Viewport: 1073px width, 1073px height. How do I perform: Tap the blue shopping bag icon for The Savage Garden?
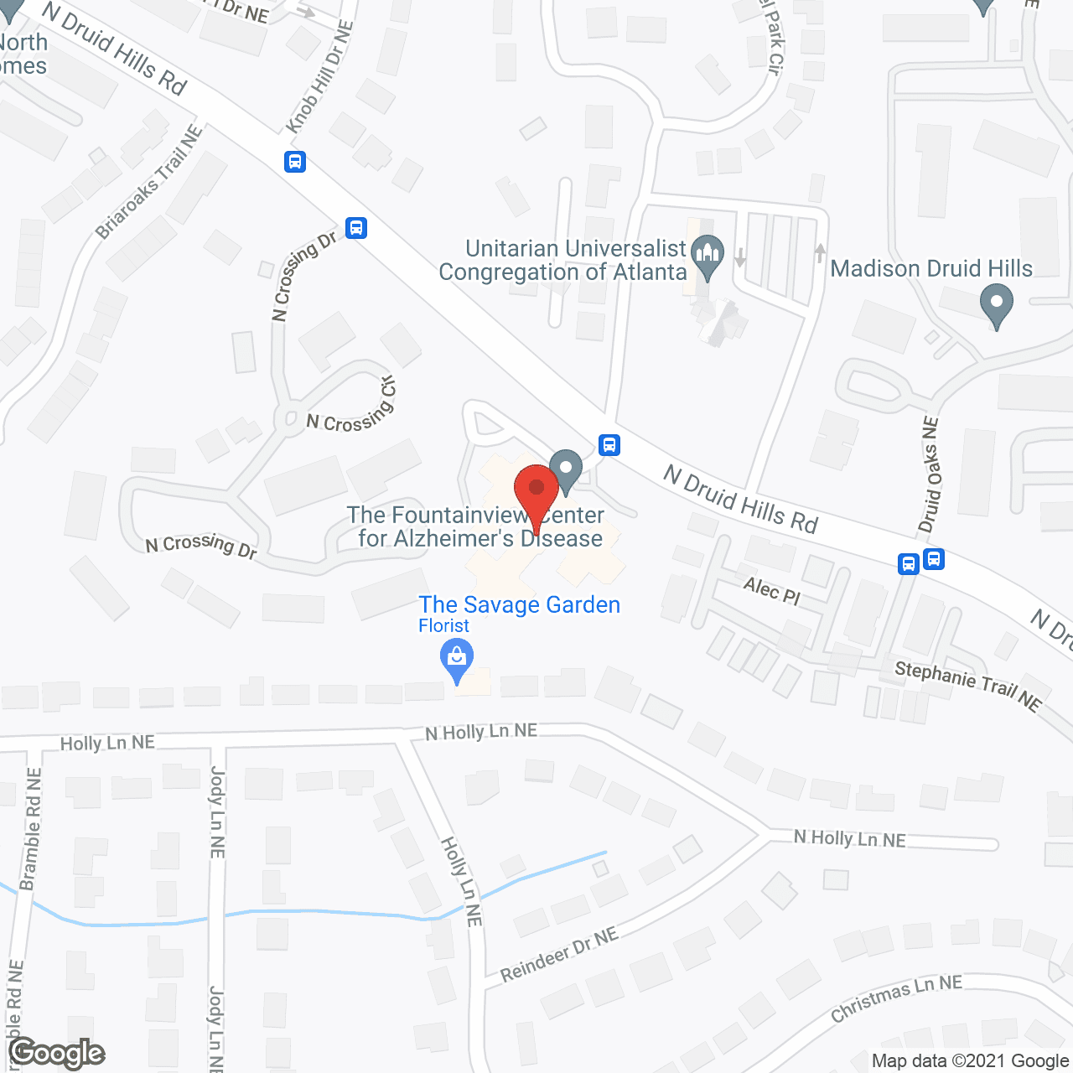point(457,659)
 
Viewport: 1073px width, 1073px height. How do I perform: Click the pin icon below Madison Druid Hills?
point(997,305)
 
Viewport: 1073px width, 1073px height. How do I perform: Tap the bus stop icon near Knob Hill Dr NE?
point(295,161)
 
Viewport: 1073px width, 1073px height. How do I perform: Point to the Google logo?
point(57,1053)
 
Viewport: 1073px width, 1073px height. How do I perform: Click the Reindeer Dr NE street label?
point(559,955)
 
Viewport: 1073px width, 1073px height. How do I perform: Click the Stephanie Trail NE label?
point(967,686)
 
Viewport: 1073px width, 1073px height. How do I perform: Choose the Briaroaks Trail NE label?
point(149,182)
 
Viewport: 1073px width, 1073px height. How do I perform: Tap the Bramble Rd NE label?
point(31,829)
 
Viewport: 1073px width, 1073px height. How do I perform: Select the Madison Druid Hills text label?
point(931,268)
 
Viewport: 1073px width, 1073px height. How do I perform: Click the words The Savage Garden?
point(520,604)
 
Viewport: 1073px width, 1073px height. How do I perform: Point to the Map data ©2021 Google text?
point(970,1060)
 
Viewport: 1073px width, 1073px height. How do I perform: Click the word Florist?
point(444,625)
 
